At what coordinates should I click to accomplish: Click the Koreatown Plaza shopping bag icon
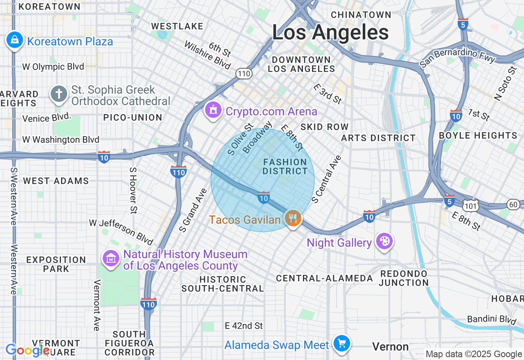click(x=15, y=40)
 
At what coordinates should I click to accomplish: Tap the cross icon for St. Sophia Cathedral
click(x=59, y=94)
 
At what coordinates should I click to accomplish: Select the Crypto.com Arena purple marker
click(x=213, y=110)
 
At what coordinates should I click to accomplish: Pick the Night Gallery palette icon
click(x=384, y=241)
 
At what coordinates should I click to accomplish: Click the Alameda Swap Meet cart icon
click(x=342, y=344)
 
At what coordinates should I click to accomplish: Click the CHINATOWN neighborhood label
click(x=361, y=15)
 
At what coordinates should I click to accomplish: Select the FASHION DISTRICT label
click(x=285, y=166)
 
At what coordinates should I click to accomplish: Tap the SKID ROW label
click(x=324, y=127)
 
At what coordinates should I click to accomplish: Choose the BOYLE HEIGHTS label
click(x=478, y=135)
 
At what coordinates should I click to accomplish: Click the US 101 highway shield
click(x=471, y=206)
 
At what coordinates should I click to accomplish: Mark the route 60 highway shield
click(x=513, y=204)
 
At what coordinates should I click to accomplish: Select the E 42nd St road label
click(x=244, y=326)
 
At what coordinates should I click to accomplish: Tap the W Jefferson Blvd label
click(x=121, y=232)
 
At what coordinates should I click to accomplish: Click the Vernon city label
click(x=390, y=347)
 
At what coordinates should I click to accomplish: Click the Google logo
click(x=28, y=350)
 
